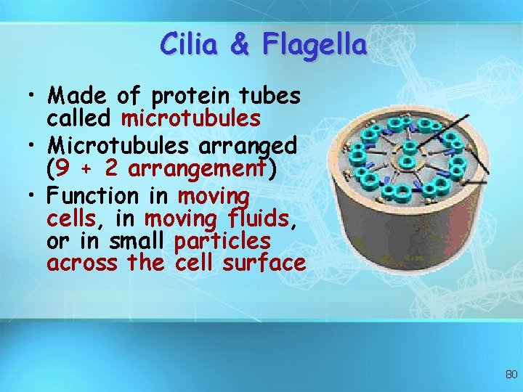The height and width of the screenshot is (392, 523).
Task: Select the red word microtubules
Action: [x=191, y=118]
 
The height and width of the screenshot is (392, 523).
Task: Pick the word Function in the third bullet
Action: [x=92, y=196]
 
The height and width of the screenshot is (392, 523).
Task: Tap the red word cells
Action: [x=70, y=219]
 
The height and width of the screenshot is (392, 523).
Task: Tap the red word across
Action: [x=81, y=262]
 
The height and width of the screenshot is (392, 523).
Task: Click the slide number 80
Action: [x=511, y=375]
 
